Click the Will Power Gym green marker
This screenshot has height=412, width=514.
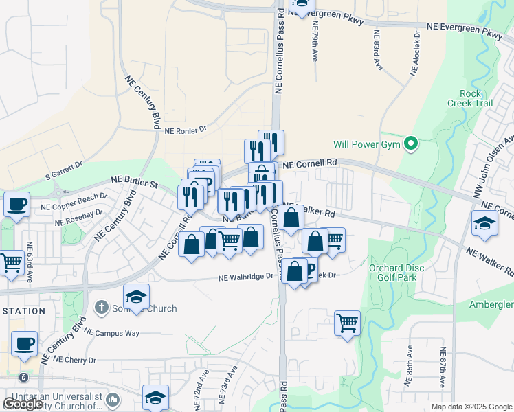[411, 144]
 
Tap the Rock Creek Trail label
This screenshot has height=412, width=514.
[476, 98]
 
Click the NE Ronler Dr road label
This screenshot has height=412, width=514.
[186, 130]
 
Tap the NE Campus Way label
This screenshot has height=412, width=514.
[112, 333]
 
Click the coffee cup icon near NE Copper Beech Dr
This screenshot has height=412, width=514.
[16, 204]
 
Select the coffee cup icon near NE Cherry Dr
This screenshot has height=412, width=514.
[24, 344]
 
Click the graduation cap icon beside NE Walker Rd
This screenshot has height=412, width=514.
[484, 224]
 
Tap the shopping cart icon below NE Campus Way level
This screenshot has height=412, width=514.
[348, 322]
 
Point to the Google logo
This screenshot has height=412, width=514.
[23, 404]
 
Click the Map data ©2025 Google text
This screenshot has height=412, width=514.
[471, 407]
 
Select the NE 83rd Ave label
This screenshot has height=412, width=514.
[377, 49]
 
